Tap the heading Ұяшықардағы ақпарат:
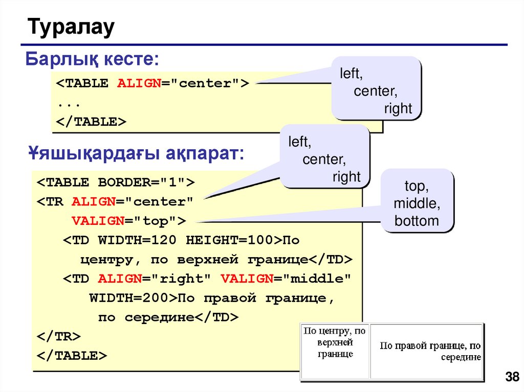pyautogui.click(x=136, y=153)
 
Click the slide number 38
pyautogui.click(x=512, y=378)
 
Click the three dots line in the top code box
pyautogui.click(x=69, y=103)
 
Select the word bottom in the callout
pyautogui.click(x=417, y=221)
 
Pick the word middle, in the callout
pyautogui.click(x=417, y=203)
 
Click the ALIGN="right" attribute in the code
pyautogui.click(x=156, y=279)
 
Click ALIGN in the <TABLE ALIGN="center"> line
pyautogui.click(x=139, y=84)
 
